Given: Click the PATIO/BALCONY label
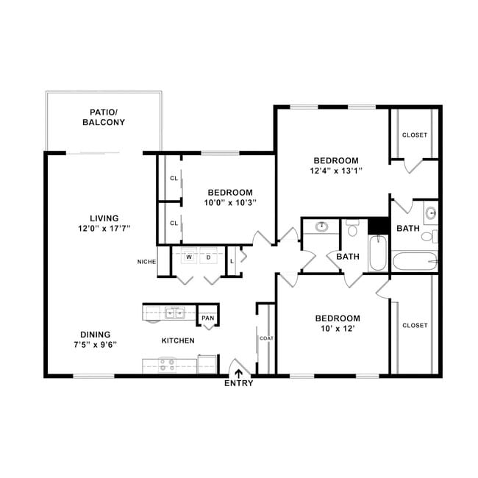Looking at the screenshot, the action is [x=104, y=117].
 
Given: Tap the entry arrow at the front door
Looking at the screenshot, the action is [x=238, y=374].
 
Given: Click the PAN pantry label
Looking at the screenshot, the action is [x=208, y=318].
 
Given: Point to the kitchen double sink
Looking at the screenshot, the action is [x=175, y=313].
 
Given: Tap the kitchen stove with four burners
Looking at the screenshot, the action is [x=167, y=365].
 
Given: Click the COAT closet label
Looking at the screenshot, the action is [x=266, y=338].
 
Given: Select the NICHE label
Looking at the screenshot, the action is [x=146, y=262].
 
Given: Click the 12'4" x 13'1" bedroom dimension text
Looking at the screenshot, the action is [x=336, y=171].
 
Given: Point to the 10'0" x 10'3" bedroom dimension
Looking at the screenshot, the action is [x=230, y=202].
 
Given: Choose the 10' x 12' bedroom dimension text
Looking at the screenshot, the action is [x=337, y=328].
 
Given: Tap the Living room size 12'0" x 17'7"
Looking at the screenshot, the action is [x=104, y=228].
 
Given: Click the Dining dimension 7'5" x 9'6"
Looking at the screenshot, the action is [x=96, y=344].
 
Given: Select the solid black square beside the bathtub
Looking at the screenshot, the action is [x=378, y=226].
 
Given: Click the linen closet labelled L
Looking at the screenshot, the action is [x=232, y=261].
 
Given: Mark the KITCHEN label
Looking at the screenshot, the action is [x=178, y=340].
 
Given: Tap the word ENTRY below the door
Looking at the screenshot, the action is [x=239, y=383].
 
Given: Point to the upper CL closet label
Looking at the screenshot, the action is [x=174, y=178].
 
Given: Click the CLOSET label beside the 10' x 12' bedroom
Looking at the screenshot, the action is [x=415, y=325].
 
